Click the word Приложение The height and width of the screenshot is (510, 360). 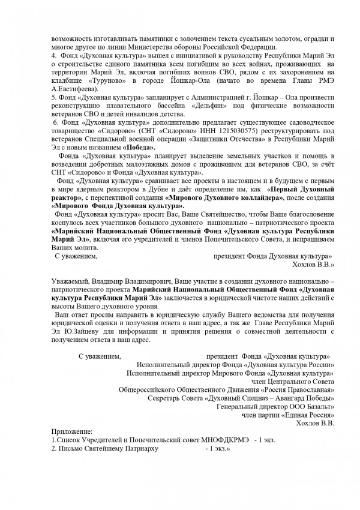[x=71, y=431]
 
